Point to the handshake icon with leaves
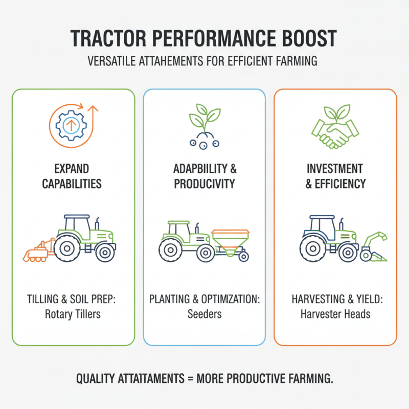335,128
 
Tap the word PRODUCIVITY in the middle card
204,184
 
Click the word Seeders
204,313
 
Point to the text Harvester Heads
335,313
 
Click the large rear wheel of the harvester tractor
311,249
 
